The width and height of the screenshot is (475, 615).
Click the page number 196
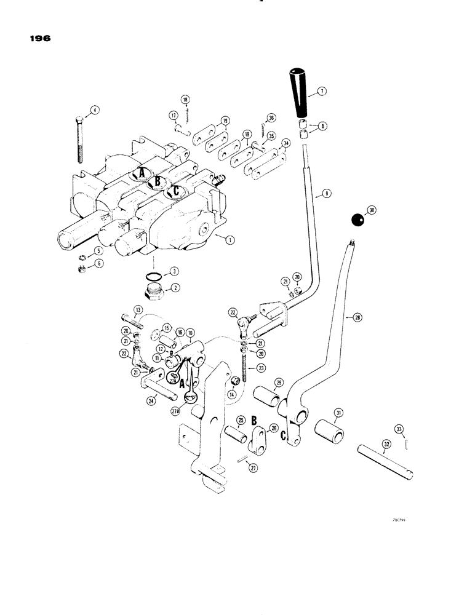pyautogui.click(x=38, y=38)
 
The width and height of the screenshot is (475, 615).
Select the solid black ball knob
pyautogui.click(x=356, y=219)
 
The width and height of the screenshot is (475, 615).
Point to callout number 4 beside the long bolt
pyautogui.click(x=94, y=111)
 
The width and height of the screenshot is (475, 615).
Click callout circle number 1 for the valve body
pyautogui.click(x=229, y=241)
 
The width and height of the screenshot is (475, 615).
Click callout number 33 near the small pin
pyautogui.click(x=399, y=429)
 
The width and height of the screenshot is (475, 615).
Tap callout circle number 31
pyautogui.click(x=338, y=412)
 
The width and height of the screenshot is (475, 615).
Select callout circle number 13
pyautogui.click(x=138, y=309)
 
